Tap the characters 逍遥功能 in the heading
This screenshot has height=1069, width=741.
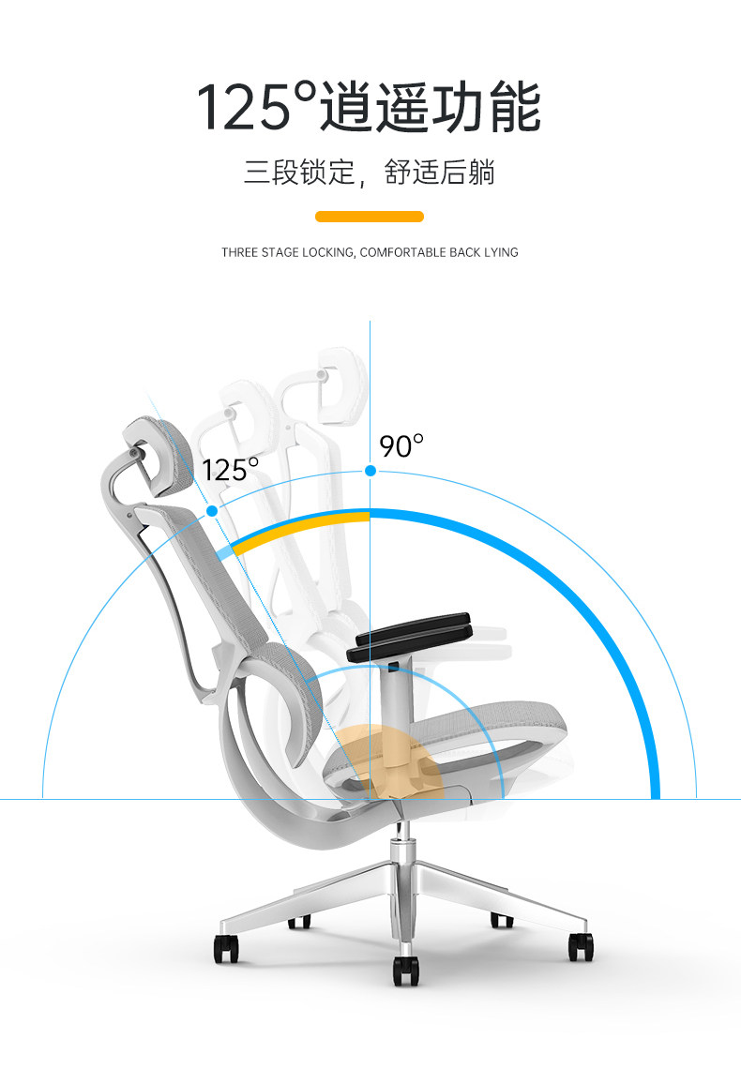tap(431, 107)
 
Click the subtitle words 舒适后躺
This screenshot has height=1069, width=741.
tap(440, 173)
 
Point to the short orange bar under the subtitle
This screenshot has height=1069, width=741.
tap(370, 217)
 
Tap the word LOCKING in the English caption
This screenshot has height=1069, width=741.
tap(327, 252)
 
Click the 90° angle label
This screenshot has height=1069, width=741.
tap(401, 446)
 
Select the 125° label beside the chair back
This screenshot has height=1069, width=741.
tap(230, 469)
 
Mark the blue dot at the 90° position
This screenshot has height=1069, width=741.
tap(370, 470)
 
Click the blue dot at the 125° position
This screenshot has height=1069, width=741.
tap(212, 511)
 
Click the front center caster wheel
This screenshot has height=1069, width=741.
tap(406, 971)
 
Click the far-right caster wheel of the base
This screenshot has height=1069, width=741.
tap(581, 944)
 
